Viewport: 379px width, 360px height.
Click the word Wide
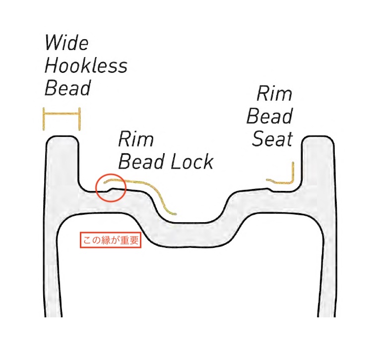point(66,43)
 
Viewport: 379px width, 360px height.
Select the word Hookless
point(86,66)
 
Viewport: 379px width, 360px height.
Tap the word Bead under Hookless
point(68,88)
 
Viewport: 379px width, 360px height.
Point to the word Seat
point(272,139)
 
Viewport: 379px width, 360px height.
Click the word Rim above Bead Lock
point(136,139)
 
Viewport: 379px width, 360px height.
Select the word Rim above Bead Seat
point(274,94)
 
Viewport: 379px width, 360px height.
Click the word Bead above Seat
point(269,117)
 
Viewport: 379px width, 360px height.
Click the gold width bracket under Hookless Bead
point(62,114)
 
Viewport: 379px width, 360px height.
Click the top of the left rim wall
point(63,138)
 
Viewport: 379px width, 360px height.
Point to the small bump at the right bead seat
point(269,188)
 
